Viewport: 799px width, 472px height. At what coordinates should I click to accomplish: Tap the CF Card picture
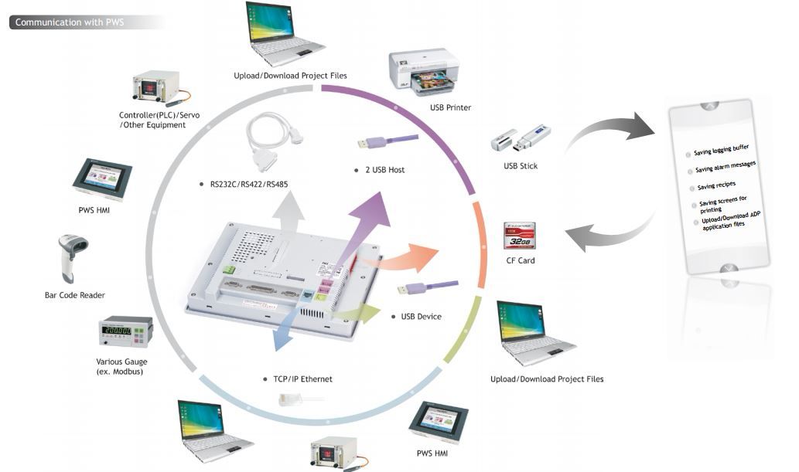coord(521,236)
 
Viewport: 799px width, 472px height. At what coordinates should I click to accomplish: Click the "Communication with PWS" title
coord(70,22)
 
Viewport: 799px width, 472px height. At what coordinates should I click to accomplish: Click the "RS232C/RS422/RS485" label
coord(246,185)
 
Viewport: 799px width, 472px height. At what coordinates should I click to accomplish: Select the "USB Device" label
coord(421,317)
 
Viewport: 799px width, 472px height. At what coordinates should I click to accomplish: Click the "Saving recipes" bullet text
coord(716,186)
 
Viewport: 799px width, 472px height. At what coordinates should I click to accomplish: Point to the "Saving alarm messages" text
coord(726,166)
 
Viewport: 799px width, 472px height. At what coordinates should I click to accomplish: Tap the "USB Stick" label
coord(521,166)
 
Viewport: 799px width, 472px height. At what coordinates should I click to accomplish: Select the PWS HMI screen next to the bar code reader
coord(103,182)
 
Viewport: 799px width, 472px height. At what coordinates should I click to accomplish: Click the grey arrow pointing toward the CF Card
coord(608,232)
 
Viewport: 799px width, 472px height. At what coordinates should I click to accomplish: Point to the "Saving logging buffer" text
coord(722,149)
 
